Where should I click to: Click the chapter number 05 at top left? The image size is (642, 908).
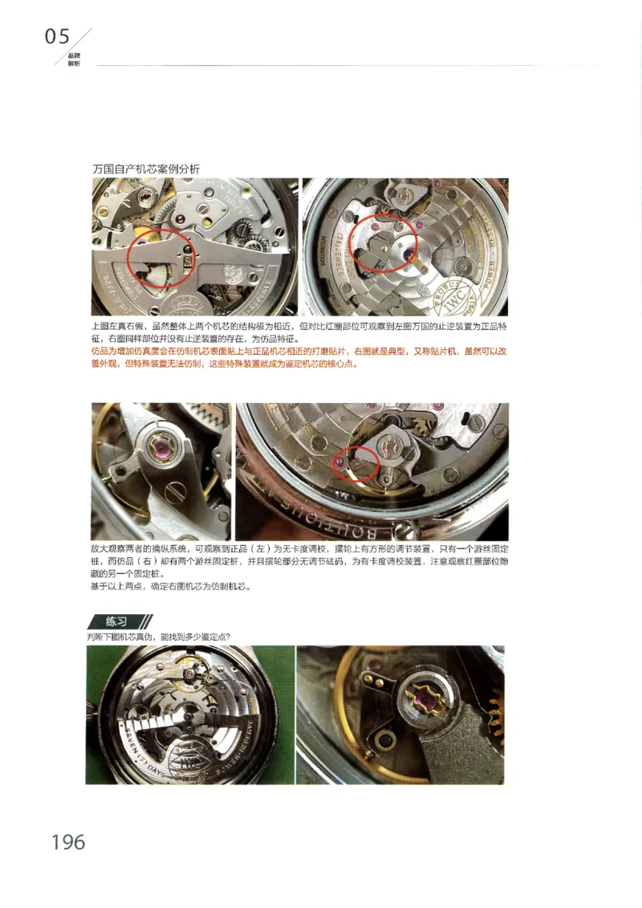click(58, 37)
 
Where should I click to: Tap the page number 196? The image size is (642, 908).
click(68, 841)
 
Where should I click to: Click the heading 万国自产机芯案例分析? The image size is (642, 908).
click(146, 169)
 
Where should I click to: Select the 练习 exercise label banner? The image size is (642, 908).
click(118, 621)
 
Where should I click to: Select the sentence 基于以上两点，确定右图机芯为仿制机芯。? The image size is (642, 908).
click(172, 586)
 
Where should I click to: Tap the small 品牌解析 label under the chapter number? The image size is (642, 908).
click(74, 59)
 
